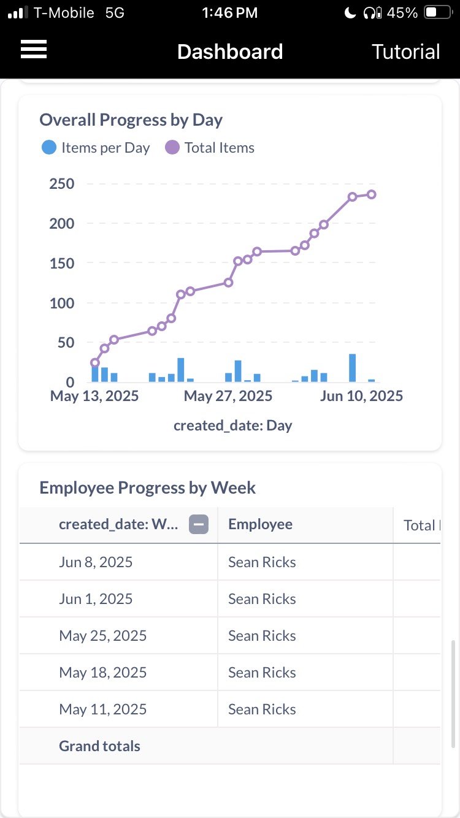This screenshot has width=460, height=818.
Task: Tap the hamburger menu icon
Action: (x=34, y=50)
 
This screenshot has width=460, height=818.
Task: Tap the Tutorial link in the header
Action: (x=405, y=52)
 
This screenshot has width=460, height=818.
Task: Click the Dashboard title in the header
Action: (x=230, y=52)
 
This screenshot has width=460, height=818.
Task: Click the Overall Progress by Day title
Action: (x=131, y=120)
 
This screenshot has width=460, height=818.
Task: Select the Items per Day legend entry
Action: (x=96, y=148)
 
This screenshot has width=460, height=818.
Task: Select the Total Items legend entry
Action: (x=210, y=148)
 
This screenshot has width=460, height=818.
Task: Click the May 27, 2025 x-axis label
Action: (x=228, y=396)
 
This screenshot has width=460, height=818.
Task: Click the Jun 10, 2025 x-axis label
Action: (x=361, y=396)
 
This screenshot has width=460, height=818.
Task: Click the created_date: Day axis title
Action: (x=232, y=425)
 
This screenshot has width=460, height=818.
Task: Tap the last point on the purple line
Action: (x=372, y=194)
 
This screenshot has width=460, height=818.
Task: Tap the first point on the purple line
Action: (x=95, y=362)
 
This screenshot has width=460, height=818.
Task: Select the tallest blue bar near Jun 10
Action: (x=353, y=368)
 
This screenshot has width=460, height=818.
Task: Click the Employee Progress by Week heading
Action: (x=147, y=487)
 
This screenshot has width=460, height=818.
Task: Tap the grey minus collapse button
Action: (x=199, y=524)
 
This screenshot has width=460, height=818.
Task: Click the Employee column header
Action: (x=260, y=524)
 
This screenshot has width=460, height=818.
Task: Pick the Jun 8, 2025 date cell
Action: (x=96, y=562)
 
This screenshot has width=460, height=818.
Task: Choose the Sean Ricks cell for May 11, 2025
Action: (x=262, y=709)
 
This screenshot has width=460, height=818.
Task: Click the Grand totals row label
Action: (x=99, y=746)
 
